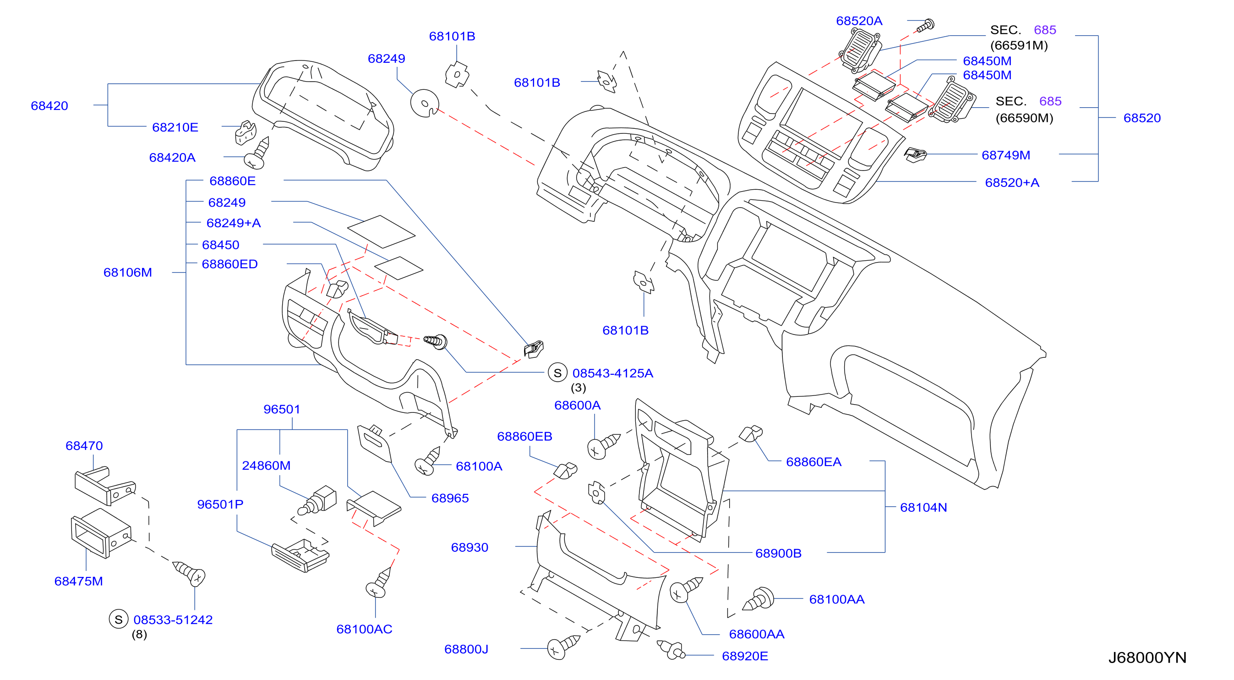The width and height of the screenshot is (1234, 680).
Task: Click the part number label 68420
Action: (49, 106)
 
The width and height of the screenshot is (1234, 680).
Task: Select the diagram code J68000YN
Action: (1147, 658)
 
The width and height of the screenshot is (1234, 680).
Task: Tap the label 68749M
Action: (1005, 155)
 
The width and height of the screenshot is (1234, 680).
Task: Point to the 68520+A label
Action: (1012, 182)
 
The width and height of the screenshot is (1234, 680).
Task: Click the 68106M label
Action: (127, 273)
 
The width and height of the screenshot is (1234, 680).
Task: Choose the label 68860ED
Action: (229, 264)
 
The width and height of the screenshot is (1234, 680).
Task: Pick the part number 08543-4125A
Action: (613, 373)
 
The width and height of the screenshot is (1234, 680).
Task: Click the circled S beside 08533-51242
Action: (118, 620)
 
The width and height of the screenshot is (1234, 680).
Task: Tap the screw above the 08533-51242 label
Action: (190, 574)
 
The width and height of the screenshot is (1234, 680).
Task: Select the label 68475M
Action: (79, 581)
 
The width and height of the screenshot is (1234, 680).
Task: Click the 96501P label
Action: (220, 505)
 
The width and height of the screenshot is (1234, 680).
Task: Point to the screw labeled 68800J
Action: (563, 647)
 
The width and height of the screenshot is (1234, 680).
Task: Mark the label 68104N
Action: (923, 508)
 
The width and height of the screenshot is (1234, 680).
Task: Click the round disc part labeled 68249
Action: (425, 103)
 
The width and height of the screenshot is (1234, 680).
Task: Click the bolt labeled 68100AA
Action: (759, 599)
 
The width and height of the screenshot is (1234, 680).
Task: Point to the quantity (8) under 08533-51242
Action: (139, 635)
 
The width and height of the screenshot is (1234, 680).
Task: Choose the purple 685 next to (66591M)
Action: (1045, 30)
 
